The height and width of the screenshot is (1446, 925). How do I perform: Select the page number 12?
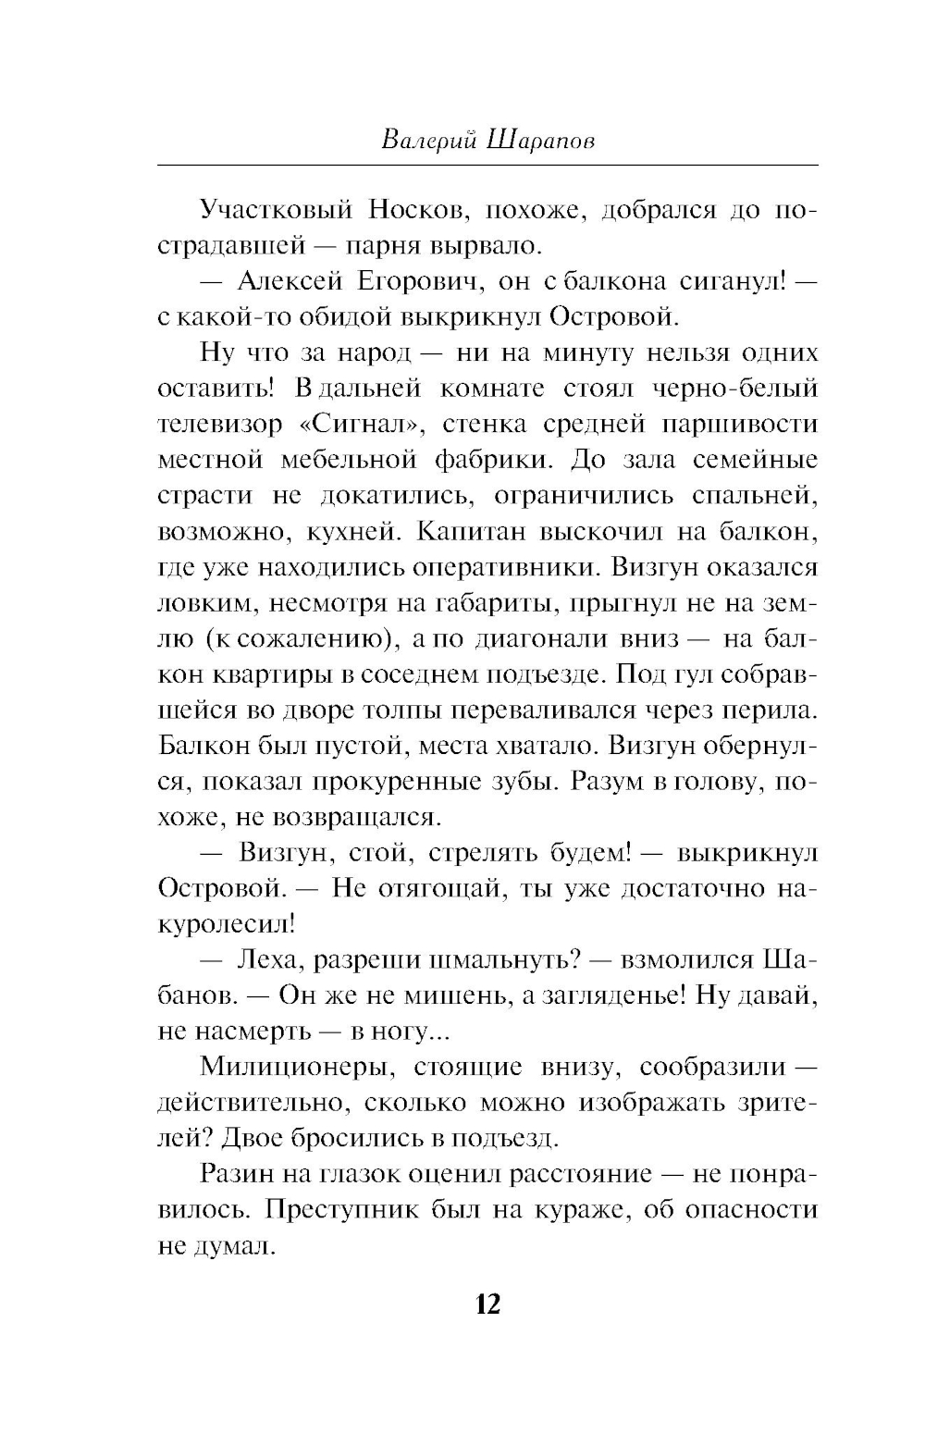click(x=487, y=1304)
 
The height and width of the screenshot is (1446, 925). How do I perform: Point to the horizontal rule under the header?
click(x=487, y=165)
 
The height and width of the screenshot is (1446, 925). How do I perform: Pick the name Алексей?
click(x=290, y=281)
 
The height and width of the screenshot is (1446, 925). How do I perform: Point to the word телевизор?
click(x=220, y=425)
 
